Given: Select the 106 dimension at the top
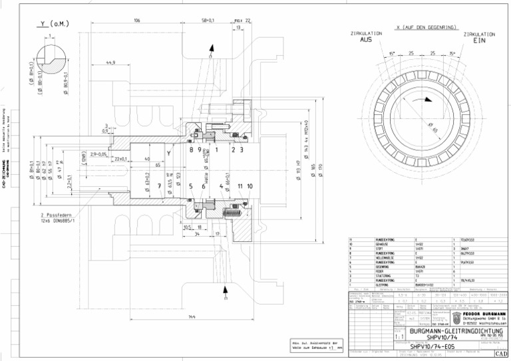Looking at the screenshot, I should tap(136, 21).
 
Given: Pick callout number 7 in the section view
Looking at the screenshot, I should tap(160, 186).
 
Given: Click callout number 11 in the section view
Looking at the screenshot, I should tap(240, 186).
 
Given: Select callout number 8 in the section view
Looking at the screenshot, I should tap(191, 150).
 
